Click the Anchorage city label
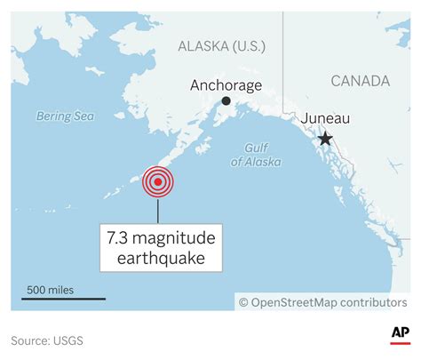[226, 85]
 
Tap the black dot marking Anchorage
[226, 101]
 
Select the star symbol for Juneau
[326, 138]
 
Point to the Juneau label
[326, 118]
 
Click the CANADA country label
[360, 81]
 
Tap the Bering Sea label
[65, 116]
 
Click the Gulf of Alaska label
[256, 155]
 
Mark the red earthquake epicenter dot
[158, 182]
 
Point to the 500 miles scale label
[51, 289]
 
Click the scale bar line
[63, 299]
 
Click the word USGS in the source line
[75, 340]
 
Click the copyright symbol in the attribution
[242, 302]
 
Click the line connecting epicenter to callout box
[158, 210]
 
